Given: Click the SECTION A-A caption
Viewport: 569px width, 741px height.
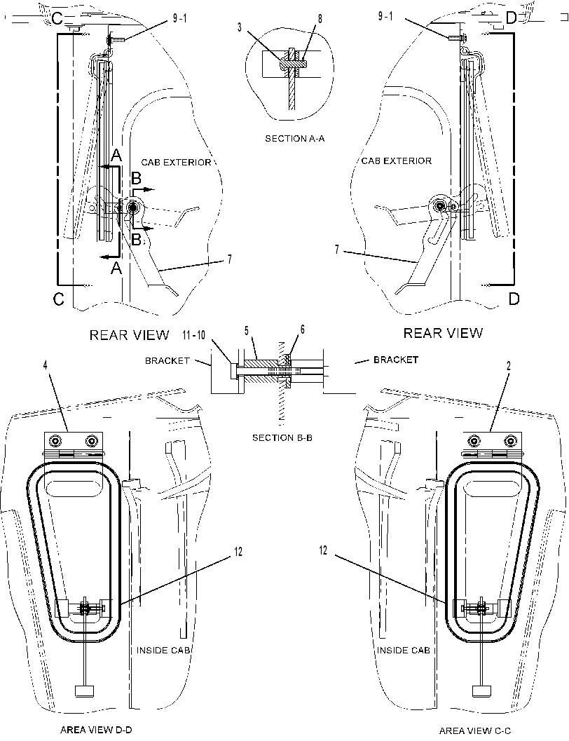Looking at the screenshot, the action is [x=294, y=139].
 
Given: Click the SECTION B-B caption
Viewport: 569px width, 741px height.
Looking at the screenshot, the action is [x=282, y=437].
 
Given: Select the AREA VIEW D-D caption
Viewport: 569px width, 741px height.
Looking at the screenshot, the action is [x=96, y=730].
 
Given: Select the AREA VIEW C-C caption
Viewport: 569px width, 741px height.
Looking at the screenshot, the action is [x=475, y=730].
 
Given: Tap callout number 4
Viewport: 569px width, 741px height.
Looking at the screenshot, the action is [x=51, y=365].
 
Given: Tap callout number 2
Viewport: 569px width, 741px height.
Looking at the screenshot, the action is [x=509, y=365].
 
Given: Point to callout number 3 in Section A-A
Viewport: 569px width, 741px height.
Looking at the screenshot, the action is [x=240, y=27].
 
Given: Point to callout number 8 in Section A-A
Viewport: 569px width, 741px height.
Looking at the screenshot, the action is [x=320, y=19].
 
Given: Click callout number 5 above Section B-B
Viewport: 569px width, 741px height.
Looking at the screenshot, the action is [x=247, y=331].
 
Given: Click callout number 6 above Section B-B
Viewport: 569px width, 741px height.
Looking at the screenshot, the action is [x=303, y=329].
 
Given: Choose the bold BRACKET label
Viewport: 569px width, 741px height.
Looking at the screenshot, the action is [x=396, y=360].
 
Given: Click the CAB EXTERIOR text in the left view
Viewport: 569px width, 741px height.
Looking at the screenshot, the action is [x=176, y=162].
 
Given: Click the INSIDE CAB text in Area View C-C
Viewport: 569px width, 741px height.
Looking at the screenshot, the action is [x=403, y=651].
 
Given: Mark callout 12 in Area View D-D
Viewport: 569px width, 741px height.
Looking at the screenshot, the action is [x=238, y=552].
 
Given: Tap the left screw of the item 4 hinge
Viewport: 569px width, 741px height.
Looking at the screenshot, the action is [x=57, y=441].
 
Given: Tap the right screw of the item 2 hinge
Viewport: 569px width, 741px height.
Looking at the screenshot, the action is [x=509, y=442].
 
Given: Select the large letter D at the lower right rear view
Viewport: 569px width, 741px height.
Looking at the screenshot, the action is [x=514, y=299].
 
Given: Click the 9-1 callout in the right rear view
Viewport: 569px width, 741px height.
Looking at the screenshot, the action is [x=385, y=17].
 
